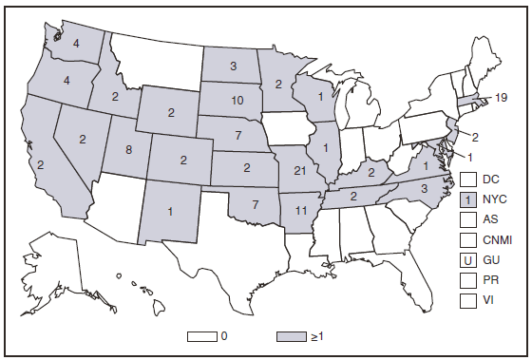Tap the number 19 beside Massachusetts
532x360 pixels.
coord(503,96)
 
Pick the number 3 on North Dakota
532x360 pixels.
coord(232,66)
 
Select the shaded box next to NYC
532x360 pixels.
coord(467,199)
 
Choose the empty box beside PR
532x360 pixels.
coord(467,280)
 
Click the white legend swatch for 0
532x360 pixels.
coord(203,336)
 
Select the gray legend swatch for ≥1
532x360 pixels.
coord(295,336)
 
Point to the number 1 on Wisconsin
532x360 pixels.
coord(321,96)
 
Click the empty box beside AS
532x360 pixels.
coord(467,219)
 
